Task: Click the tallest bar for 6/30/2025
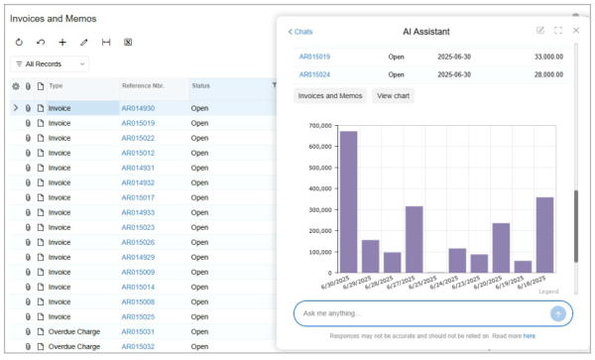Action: (348, 201)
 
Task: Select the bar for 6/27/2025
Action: (414, 239)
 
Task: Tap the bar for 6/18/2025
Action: (544, 234)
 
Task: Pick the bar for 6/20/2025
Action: (501, 247)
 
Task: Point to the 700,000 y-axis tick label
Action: (319, 126)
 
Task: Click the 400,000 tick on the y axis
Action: (319, 188)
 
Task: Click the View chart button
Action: (393, 96)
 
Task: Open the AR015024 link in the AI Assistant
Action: (314, 74)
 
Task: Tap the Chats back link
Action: (300, 32)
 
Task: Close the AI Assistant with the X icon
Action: (576, 31)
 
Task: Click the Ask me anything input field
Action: (421, 313)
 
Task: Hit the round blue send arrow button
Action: (558, 313)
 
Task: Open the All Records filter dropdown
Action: (50, 63)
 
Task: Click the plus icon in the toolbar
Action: (62, 43)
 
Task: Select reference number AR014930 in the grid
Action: (138, 108)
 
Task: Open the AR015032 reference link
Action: (138, 346)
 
